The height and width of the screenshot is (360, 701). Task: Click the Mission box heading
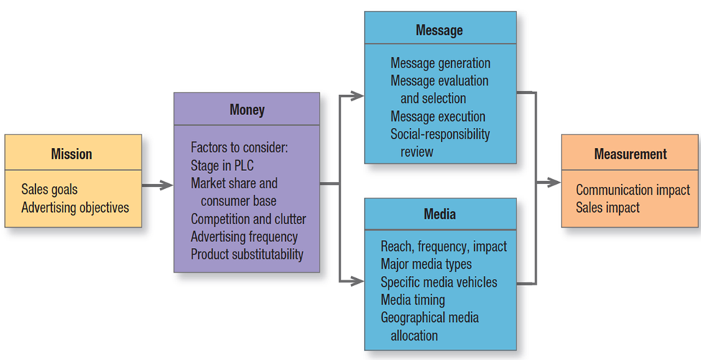click(x=72, y=154)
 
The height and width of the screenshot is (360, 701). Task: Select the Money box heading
click(x=246, y=110)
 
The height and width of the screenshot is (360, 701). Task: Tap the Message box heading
click(x=439, y=30)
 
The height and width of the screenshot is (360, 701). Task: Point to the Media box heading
click(x=439, y=214)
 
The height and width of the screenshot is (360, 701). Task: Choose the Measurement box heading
click(x=630, y=154)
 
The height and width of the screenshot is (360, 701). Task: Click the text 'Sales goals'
click(x=50, y=190)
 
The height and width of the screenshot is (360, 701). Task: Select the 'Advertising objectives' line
click(x=75, y=207)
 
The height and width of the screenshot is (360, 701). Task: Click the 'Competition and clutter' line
click(x=248, y=218)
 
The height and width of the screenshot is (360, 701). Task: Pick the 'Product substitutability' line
click(x=247, y=254)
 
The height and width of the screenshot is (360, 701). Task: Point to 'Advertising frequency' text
click(x=244, y=236)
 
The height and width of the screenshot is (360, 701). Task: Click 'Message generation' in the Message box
click(x=440, y=63)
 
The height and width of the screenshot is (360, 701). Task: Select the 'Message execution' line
click(x=437, y=116)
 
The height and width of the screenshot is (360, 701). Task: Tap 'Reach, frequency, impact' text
click(x=443, y=246)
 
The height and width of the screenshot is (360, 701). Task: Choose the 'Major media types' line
click(x=426, y=264)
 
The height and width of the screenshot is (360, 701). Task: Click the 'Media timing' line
click(x=412, y=300)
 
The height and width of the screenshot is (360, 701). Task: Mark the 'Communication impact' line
click(x=633, y=190)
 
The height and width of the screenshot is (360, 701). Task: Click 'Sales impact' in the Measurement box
click(x=608, y=208)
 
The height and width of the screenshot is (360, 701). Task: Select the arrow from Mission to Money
click(x=157, y=185)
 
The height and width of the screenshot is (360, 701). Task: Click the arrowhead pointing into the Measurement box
click(x=554, y=183)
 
